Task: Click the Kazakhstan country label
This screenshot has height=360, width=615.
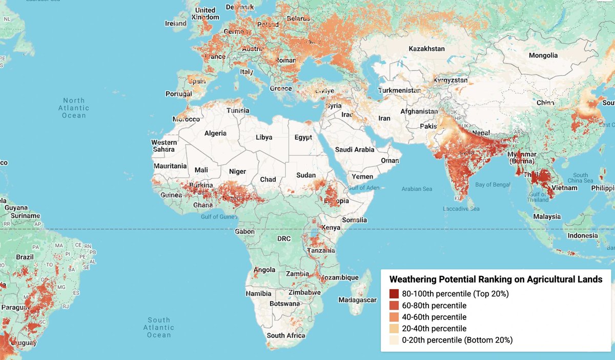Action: click(426, 49)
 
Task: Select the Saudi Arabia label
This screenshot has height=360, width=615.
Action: click(355, 150)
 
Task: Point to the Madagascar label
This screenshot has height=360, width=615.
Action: click(357, 300)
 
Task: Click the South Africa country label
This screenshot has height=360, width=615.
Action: click(285, 335)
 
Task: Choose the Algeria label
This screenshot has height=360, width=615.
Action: click(215, 133)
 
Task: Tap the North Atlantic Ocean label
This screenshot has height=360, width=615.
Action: click(73, 108)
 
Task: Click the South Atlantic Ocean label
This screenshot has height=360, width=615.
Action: click(159, 328)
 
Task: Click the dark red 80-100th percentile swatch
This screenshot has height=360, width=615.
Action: click(394, 294)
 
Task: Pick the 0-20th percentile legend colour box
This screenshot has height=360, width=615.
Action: click(394, 340)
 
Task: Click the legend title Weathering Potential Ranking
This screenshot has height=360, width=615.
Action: click(496, 279)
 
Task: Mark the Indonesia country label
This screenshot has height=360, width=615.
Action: click(583, 236)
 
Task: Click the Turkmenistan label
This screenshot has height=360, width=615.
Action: click(399, 90)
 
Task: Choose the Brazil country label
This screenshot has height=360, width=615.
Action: click(25, 257)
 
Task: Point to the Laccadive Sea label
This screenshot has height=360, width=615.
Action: click(461, 209)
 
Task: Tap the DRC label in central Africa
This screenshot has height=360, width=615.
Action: click(283, 239)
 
